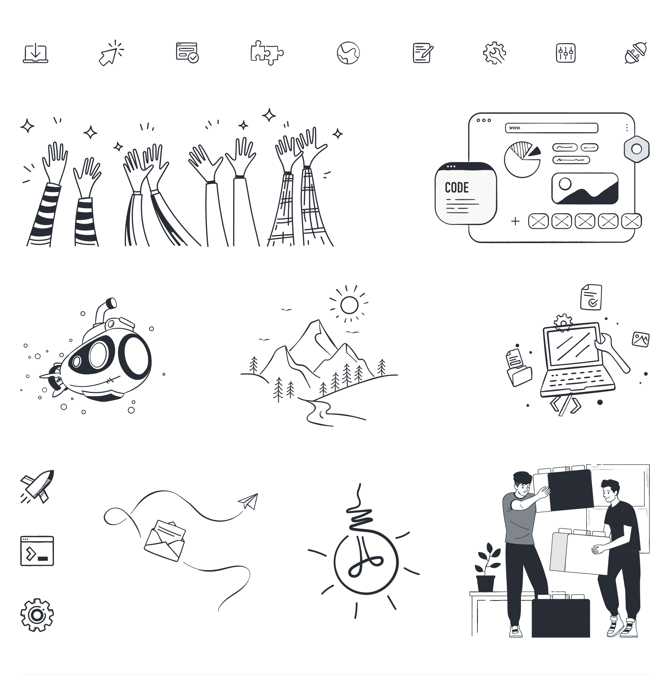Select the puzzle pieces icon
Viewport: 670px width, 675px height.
pos(267,53)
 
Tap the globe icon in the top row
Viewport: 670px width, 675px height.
pos(348,53)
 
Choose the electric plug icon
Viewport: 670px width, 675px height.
pos(635,53)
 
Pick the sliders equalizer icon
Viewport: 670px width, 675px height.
pos(566,53)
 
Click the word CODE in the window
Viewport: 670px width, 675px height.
pos(457,188)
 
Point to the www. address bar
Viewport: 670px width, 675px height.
pos(552,128)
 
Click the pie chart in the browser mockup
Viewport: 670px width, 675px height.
pos(522,159)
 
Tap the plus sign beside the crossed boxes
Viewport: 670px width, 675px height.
pos(515,221)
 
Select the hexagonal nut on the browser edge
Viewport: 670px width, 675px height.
pos(636,149)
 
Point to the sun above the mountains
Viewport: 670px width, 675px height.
pos(349,305)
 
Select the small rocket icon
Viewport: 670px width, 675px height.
pos(37,486)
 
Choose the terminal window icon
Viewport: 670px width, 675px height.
pos(37,551)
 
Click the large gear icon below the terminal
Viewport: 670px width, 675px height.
pos(37,615)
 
